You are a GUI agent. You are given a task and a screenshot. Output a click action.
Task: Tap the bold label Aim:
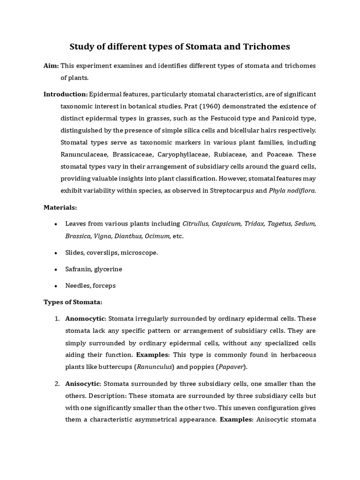coord(51,66)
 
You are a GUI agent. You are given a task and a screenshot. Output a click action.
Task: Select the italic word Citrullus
coord(195,224)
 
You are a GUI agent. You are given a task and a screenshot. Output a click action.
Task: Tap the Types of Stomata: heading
coord(72,302)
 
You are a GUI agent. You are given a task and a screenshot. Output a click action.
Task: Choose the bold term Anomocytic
coord(86,319)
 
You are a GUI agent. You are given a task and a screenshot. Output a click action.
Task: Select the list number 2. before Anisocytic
coord(57,384)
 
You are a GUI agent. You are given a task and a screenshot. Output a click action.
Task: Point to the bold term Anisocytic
coord(83,384)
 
